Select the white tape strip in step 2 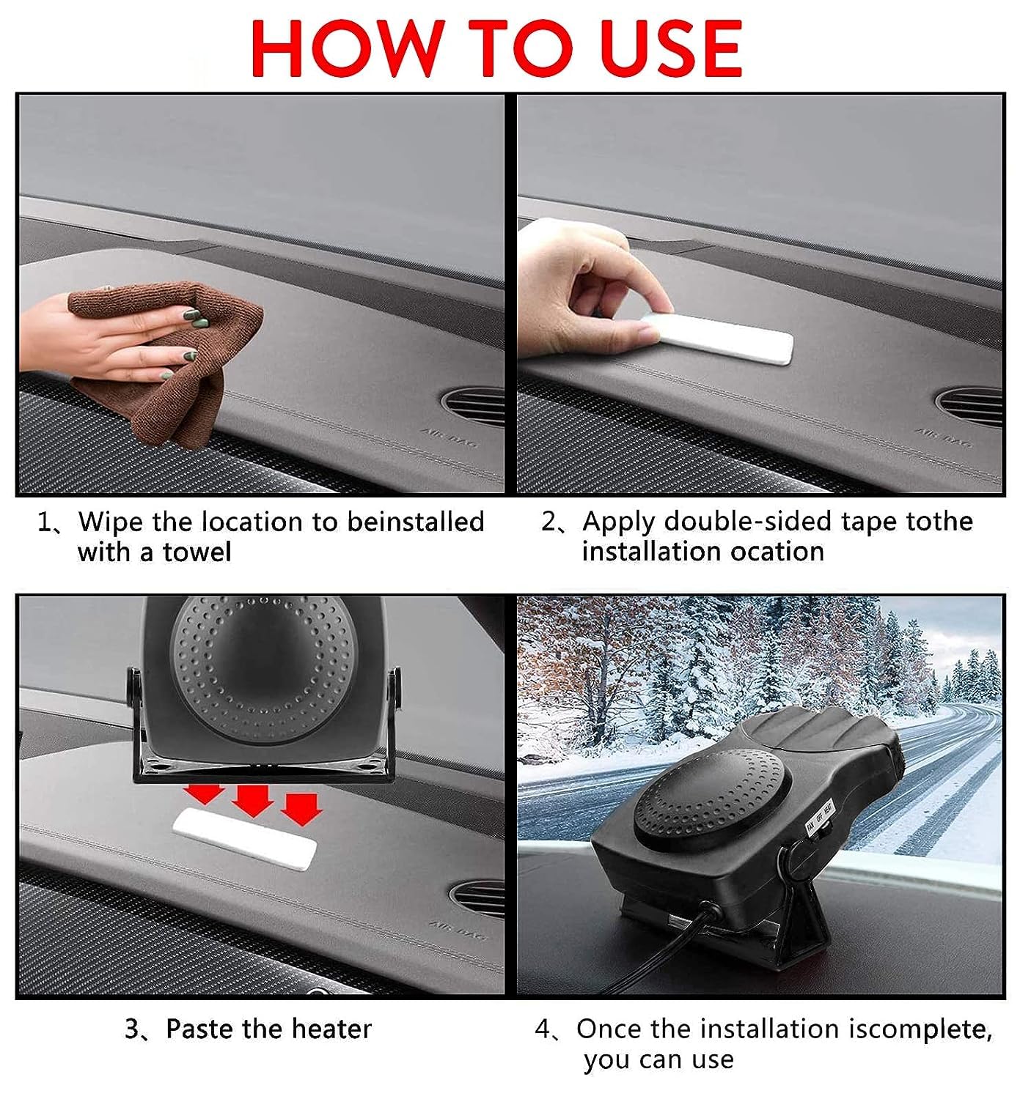(717, 338)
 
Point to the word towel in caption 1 (197, 552)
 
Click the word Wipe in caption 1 (111, 522)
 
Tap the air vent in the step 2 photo (969, 406)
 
